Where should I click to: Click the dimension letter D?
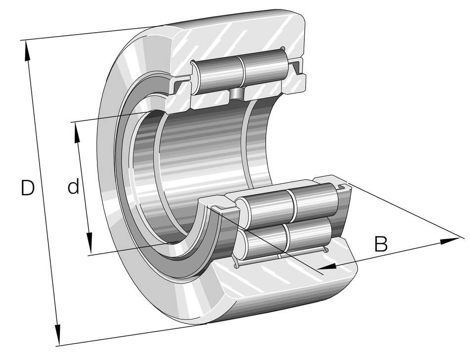coord(27,188)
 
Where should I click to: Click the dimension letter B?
coord(380,244)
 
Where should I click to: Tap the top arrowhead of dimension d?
coord(77,131)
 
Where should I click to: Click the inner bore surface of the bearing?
coord(203,158)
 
